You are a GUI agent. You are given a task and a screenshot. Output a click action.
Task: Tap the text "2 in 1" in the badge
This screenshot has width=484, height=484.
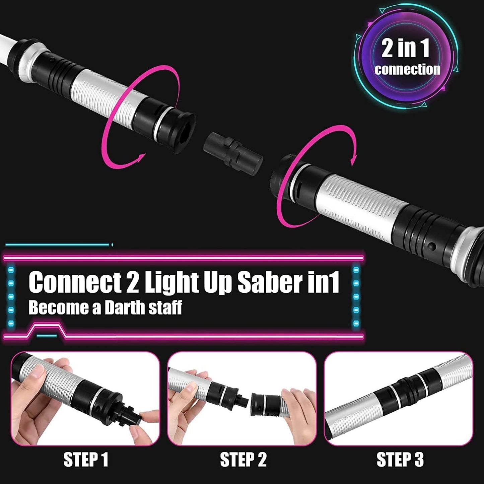coord(406,48)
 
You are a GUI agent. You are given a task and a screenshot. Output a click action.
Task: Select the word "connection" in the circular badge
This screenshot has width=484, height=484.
coord(407,69)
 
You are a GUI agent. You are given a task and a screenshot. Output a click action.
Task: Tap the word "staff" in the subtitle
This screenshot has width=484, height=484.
coord(165,307)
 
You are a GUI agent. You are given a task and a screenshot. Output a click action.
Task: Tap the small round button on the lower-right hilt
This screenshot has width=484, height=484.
coord(432,247)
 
